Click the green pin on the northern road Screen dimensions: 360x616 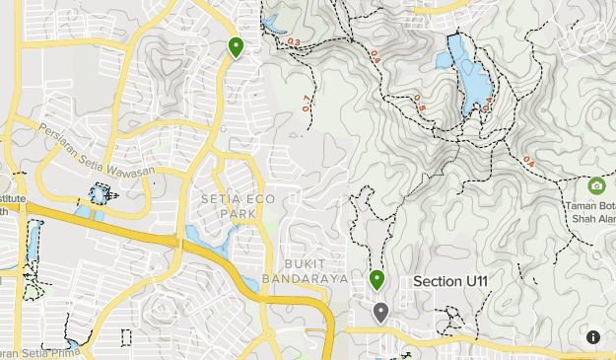(x=236, y=45)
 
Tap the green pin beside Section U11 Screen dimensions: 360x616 (x=376, y=280)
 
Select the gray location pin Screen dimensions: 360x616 (x=380, y=313)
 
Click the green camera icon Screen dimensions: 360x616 (x=596, y=185)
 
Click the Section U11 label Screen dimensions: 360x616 (x=451, y=282)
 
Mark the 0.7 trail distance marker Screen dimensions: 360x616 (x=307, y=102)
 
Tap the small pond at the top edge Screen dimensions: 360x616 (x=270, y=18)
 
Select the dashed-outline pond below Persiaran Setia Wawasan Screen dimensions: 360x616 (x=98, y=195)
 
